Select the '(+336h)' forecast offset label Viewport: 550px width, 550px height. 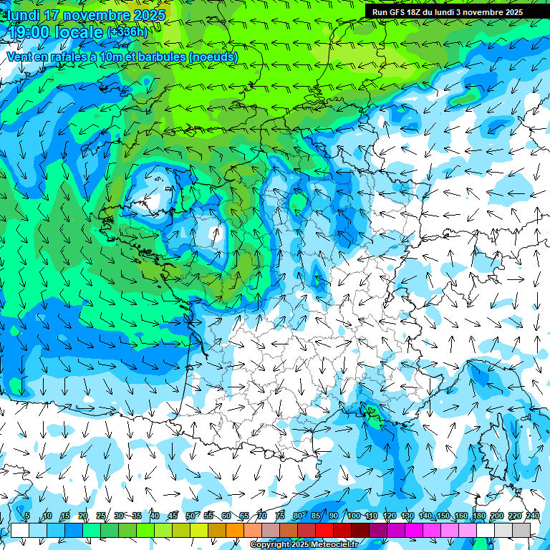(127, 32)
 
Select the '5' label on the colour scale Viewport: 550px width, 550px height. (27, 516)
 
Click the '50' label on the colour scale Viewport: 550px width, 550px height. (190, 516)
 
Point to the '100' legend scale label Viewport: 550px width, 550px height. (353, 516)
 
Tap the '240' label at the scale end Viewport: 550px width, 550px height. (532, 516)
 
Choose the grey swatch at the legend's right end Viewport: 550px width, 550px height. (521, 530)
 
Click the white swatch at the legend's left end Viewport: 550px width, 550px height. (19, 530)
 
